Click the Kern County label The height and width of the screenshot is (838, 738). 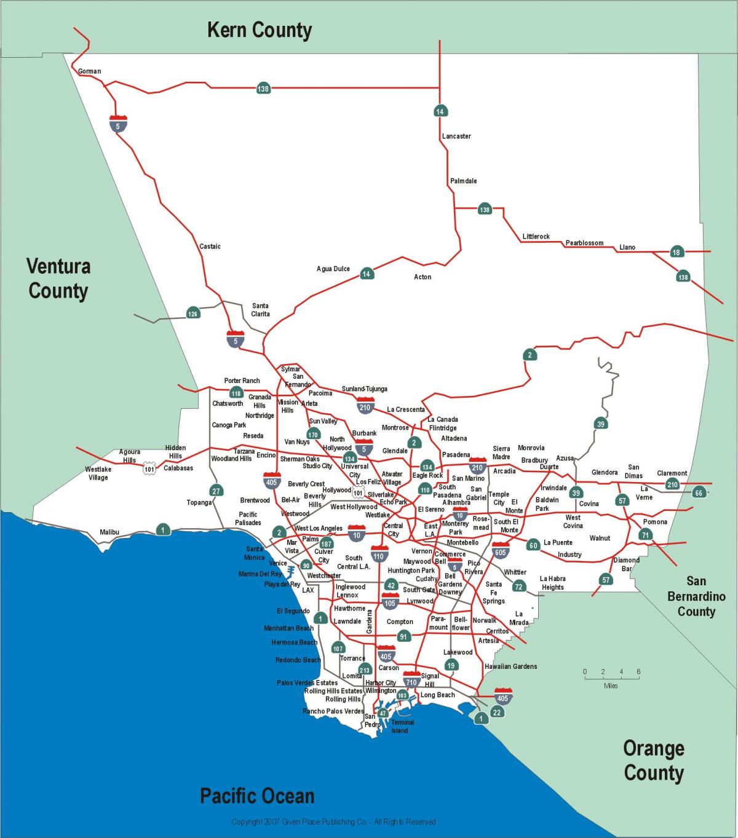tap(259, 30)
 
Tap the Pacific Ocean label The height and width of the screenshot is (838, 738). tap(257, 796)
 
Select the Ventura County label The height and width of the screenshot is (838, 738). tap(58, 279)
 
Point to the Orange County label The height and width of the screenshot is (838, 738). tap(653, 761)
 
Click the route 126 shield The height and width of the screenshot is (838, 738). tap(193, 314)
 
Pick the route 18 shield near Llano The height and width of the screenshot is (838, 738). tap(676, 252)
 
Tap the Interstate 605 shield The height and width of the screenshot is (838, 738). tap(501, 551)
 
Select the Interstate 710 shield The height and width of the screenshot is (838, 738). tap(411, 681)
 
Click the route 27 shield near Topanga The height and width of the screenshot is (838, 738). tap(216, 490)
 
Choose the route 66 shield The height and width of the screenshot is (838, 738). tap(699, 492)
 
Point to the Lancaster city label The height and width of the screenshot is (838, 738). tap(456, 136)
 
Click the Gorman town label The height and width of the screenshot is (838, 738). tap(89, 71)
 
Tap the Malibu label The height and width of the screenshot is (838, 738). tap(109, 532)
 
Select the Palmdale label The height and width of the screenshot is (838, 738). tap(463, 181)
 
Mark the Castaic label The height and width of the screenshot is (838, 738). tap(210, 247)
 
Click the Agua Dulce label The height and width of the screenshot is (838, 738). tap(333, 269)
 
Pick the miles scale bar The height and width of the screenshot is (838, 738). tap(611, 678)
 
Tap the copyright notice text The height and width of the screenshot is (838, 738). tap(333, 822)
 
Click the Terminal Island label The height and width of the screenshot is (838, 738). tap(402, 726)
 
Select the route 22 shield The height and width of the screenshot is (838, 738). tap(497, 712)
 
